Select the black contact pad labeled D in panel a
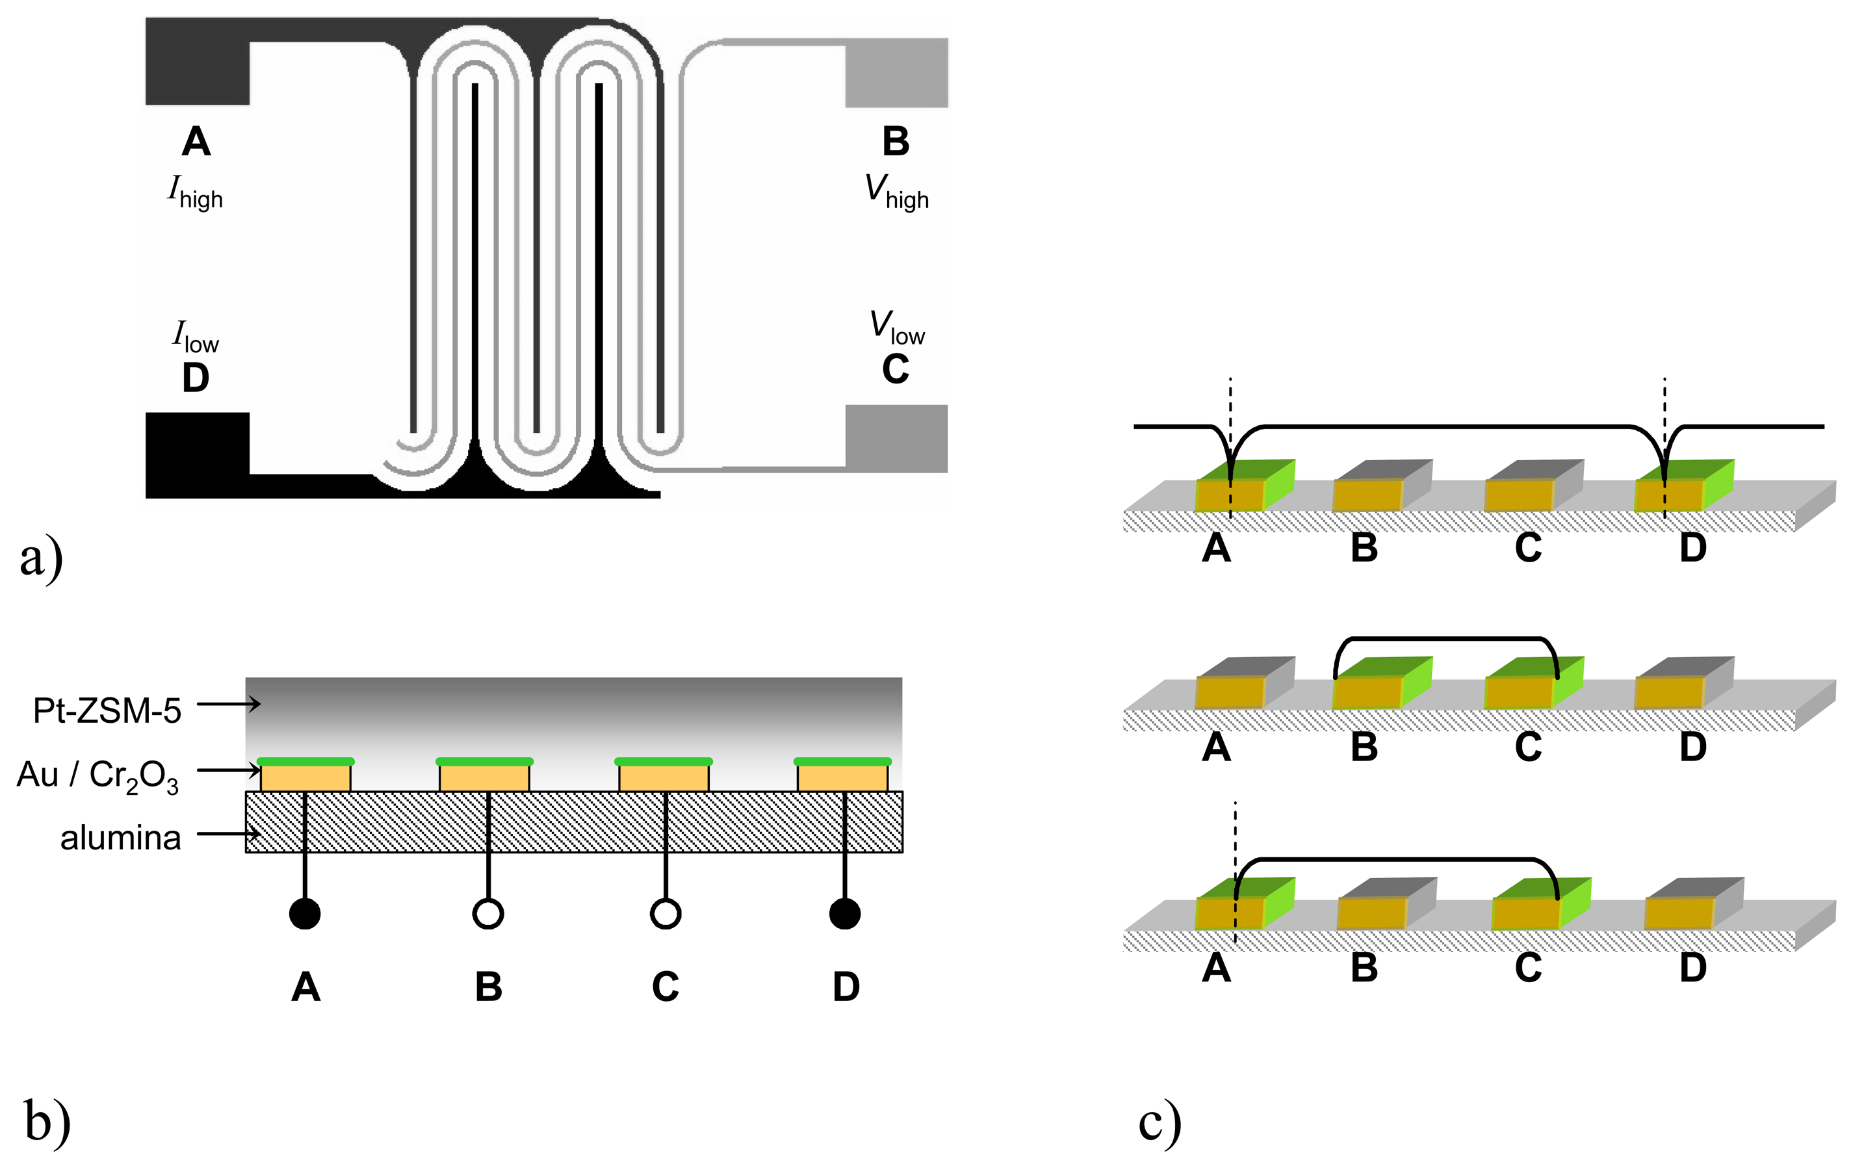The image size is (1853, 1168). pyautogui.click(x=196, y=454)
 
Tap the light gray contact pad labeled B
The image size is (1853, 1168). pyautogui.click(x=896, y=73)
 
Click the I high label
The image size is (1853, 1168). pyautogui.click(x=196, y=192)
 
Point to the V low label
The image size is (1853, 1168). pyautogui.click(x=896, y=327)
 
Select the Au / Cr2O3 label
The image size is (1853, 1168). pyautogui.click(x=97, y=775)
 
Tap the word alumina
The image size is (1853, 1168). pyautogui.click(x=121, y=837)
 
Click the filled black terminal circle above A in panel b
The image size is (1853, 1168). pyautogui.click(x=305, y=913)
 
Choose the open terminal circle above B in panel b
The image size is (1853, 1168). pyautogui.click(x=488, y=913)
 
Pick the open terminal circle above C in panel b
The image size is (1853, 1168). pyautogui.click(x=666, y=913)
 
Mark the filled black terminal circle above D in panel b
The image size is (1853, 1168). pyautogui.click(x=845, y=913)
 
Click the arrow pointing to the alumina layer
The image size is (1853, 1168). pyautogui.click(x=229, y=833)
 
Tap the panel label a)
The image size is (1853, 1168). pyautogui.click(x=41, y=557)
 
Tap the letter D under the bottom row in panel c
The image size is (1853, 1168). pyautogui.click(x=1693, y=967)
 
